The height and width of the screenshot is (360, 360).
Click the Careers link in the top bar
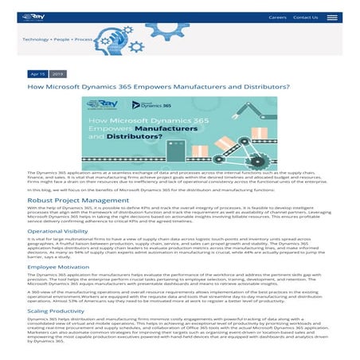tap(277, 17)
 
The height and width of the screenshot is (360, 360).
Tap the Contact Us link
tap(305, 17)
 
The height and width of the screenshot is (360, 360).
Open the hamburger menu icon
tap(332, 17)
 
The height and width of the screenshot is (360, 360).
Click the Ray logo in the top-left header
tap(33, 16)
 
